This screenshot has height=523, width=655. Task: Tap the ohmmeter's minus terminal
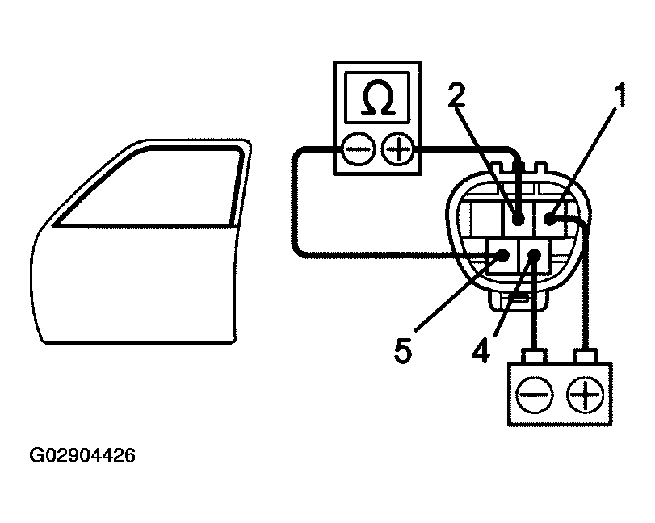click(x=355, y=149)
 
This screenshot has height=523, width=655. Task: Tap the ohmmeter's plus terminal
click(x=398, y=149)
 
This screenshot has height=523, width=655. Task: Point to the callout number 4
click(x=480, y=351)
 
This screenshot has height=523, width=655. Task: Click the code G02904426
click(x=82, y=456)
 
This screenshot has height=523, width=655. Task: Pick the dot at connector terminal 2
click(x=519, y=218)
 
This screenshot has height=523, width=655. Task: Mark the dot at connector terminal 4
click(x=534, y=256)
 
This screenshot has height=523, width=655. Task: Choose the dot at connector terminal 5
click(x=502, y=256)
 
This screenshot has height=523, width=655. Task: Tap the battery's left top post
click(x=533, y=355)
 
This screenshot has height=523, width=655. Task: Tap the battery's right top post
click(x=583, y=355)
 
